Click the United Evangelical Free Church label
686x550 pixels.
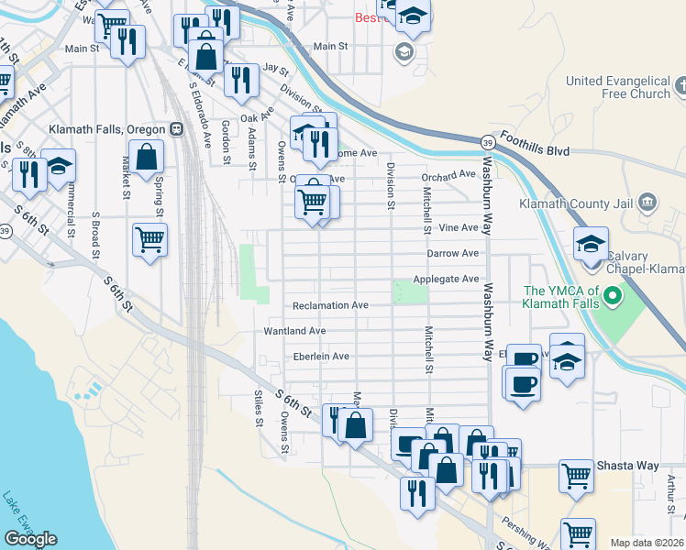tap(618, 87)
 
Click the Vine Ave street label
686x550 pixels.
tap(459, 227)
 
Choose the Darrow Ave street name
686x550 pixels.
tap(452, 253)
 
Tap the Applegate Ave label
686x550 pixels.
tap(446, 279)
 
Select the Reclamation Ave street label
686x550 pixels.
tap(330, 305)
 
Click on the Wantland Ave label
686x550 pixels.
tap(294, 331)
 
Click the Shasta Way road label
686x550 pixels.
tap(628, 467)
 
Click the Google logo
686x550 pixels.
tap(30, 538)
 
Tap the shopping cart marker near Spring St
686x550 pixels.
tap(149, 241)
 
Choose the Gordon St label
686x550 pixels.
tap(226, 142)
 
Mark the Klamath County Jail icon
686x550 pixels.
tap(647, 202)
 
